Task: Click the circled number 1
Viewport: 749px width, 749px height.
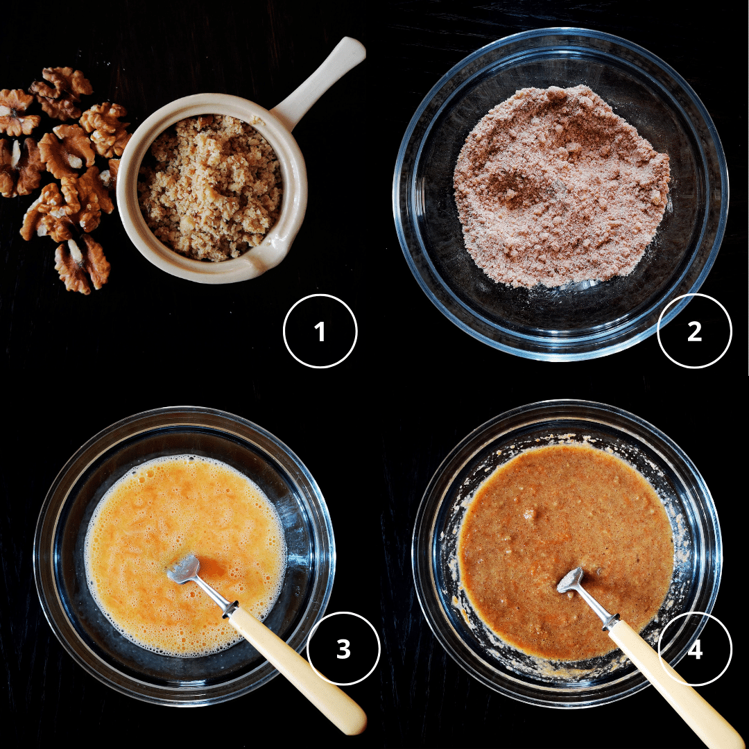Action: coord(320,331)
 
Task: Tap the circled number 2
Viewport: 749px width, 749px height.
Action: coord(694,331)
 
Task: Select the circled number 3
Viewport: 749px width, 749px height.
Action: coord(343,648)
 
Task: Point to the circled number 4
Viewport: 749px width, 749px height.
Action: coord(695,648)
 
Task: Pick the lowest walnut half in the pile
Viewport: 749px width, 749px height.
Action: coord(82,264)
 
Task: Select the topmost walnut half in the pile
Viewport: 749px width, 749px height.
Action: coord(60,92)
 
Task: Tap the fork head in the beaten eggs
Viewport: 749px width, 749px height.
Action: coord(183,568)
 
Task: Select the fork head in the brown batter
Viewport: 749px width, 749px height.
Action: coord(571,580)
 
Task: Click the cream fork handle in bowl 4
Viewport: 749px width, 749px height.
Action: coord(673,685)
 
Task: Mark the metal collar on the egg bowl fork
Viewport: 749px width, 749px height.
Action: coord(230,609)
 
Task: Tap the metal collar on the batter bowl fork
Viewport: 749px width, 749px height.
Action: coord(611,621)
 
